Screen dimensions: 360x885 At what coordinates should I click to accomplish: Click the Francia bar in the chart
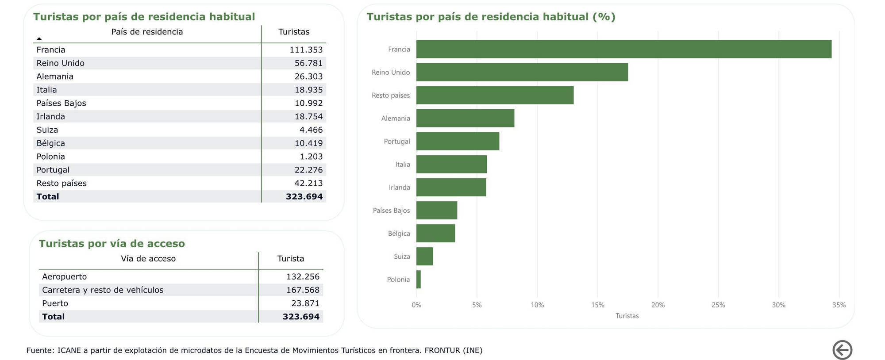623,49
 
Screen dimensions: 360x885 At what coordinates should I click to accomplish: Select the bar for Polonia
419,280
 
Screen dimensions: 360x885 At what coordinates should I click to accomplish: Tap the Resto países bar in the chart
495,95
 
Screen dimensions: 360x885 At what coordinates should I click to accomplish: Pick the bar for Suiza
424,257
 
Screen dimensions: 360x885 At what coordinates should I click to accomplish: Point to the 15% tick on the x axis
597,305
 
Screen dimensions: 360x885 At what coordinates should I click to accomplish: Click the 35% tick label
839,305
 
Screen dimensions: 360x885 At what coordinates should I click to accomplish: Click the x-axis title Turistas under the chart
627,316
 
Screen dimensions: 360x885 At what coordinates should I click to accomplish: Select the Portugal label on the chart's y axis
396,142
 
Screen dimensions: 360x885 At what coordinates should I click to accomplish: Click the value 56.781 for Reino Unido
308,63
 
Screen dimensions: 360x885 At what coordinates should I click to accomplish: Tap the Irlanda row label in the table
51,117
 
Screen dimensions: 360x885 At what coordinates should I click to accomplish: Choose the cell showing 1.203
311,157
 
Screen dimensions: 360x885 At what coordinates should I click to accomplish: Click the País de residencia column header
147,32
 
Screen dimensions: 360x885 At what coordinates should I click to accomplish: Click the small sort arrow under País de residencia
39,39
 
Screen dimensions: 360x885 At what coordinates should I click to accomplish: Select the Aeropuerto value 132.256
303,277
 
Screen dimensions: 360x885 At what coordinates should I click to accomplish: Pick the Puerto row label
55,303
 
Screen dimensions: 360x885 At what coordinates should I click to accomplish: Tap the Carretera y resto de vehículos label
103,290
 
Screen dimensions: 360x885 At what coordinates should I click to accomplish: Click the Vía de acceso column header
148,259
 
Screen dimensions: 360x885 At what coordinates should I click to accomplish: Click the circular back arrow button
842,350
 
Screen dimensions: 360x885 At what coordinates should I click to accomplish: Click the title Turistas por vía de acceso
112,244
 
